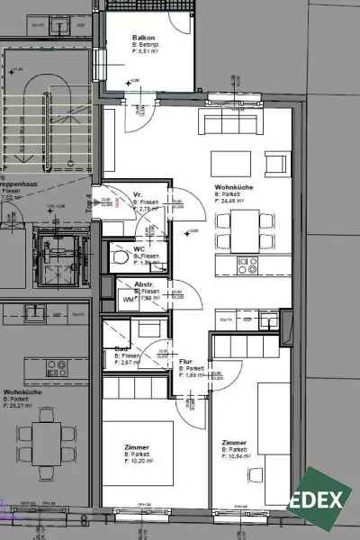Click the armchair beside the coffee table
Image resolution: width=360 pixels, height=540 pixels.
[277, 166]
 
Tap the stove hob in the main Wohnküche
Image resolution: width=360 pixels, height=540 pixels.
[247, 265]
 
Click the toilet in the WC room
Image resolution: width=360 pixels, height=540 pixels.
[121, 257]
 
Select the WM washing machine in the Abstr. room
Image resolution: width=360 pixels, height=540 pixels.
[115, 299]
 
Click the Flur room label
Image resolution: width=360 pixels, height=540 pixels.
[186, 361]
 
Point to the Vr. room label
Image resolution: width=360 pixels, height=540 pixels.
[139, 194]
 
